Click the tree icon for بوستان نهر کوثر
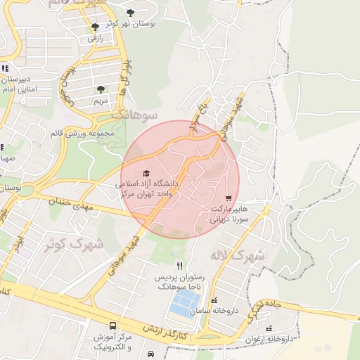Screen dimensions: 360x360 tap(130, 12)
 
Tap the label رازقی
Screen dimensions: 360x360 tap(95, 39)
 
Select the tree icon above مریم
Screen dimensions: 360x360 tap(101, 90)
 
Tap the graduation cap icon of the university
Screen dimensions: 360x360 tap(146, 173)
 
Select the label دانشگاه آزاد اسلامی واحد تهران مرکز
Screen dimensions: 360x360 tap(149, 188)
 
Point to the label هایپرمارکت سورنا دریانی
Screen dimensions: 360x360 tap(229, 214)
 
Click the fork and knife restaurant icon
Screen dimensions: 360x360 tap(180, 266)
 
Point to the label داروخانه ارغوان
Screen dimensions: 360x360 tap(285, 339)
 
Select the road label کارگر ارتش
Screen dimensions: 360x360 tap(165, 333)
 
